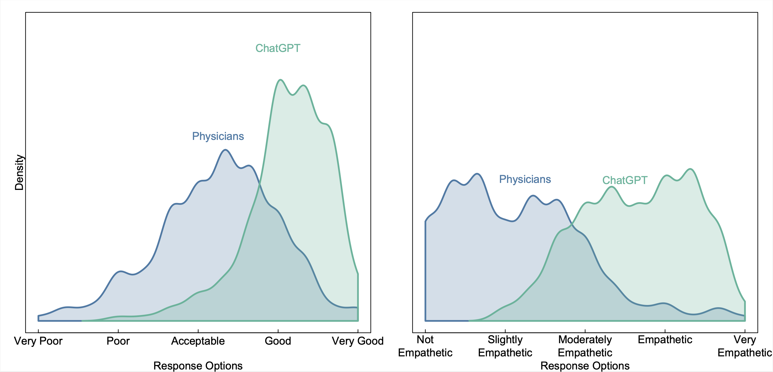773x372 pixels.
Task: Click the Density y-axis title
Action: [19, 173]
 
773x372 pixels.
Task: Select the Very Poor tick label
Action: [38, 341]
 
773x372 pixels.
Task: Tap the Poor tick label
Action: [118, 341]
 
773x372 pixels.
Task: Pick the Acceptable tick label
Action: [198, 341]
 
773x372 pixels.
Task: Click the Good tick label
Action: [278, 341]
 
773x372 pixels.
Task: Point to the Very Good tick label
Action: [357, 341]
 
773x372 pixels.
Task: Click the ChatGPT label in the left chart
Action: [277, 48]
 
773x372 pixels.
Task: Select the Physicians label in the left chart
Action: [218, 136]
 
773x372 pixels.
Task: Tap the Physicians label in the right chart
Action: [525, 179]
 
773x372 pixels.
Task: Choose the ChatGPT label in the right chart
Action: [625, 180]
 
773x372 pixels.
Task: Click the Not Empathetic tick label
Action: [425, 346]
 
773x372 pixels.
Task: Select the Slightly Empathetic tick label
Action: [505, 346]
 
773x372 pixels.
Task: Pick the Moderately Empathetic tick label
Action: [585, 346]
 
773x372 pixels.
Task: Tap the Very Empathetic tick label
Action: [745, 346]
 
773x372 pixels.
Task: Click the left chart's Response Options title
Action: [198, 366]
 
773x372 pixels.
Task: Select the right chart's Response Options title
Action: [585, 366]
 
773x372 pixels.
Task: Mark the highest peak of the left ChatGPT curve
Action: [280, 80]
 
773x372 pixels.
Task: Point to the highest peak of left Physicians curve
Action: [225, 150]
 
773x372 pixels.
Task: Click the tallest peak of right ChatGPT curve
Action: [690, 169]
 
